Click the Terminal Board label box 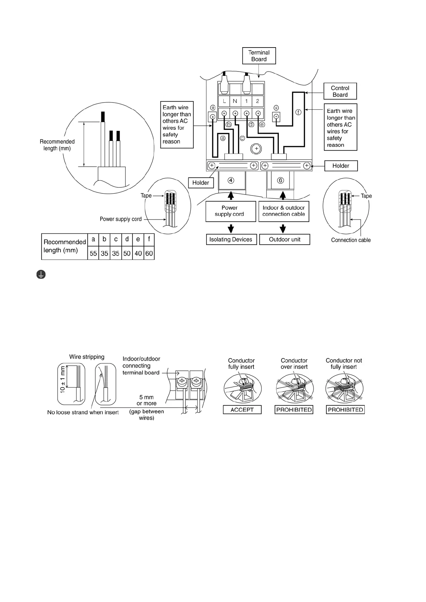[259, 56]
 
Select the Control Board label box [340, 91]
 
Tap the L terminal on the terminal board [224, 101]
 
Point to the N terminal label [235, 101]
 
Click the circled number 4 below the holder [231, 181]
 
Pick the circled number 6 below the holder [281, 181]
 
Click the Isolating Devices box [231, 240]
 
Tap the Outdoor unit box [284, 240]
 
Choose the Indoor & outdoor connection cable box [284, 211]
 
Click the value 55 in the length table [93, 253]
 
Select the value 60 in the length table [149, 253]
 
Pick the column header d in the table [127, 239]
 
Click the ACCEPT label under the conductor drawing [242, 410]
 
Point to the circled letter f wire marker [299, 112]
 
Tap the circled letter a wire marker [223, 138]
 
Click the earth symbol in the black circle [41, 275]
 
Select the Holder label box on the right [341, 166]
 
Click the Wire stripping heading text [87, 357]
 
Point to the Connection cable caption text [351, 240]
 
